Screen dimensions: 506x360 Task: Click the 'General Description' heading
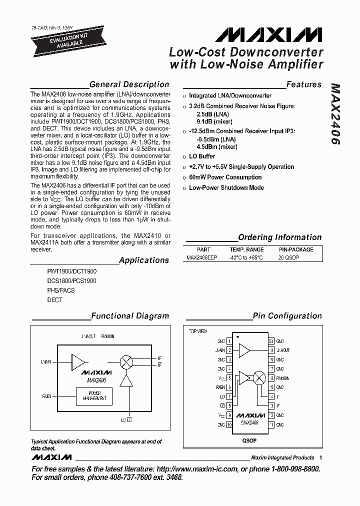coord(129,84)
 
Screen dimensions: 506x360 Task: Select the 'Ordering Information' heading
coord(279,237)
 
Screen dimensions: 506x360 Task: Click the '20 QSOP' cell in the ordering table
coord(295,257)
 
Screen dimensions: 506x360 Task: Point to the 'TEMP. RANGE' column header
coord(246,249)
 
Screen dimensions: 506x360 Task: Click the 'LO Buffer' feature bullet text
coord(202,156)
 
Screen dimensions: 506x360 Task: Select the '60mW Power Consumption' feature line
coord(225,177)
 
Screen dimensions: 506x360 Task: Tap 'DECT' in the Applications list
coord(54,300)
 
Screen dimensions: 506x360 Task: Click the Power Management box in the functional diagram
coord(94,396)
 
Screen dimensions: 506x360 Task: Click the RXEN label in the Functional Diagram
coord(47,396)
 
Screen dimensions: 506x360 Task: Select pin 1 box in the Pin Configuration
coord(229,341)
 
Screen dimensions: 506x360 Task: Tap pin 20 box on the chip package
coord(271,341)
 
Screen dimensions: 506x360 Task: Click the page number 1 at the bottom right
coord(320,457)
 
